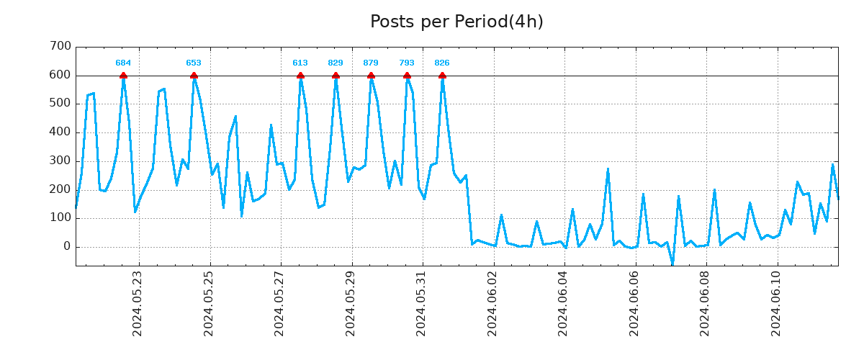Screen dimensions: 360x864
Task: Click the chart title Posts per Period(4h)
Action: (456, 22)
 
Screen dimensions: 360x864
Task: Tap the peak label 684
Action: (123, 63)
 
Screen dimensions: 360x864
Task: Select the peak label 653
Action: (194, 63)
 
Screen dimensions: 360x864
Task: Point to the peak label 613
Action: (300, 63)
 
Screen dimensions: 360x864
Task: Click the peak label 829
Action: (336, 63)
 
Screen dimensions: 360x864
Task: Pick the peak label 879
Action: (371, 63)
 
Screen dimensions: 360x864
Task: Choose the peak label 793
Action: (407, 63)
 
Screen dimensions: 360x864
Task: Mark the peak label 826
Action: (442, 63)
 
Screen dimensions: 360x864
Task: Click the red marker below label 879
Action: (371, 76)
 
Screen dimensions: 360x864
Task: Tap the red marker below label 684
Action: (123, 76)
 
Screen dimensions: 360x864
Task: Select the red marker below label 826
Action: (442, 76)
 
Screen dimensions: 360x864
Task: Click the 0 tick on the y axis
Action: (67, 247)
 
